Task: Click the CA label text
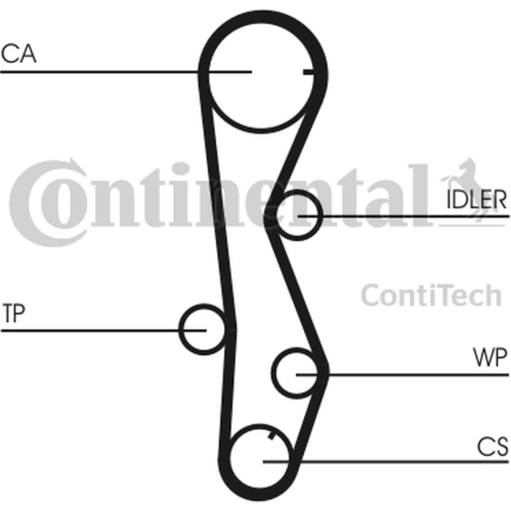click(x=18, y=53)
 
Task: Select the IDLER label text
click(x=477, y=199)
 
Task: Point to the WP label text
click(x=491, y=358)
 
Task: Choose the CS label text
click(x=493, y=446)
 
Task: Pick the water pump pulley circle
click(x=272, y=373)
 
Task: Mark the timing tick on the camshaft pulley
click(x=308, y=72)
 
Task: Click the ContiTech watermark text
click(x=431, y=295)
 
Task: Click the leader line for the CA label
click(x=126, y=72)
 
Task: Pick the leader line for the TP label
click(x=104, y=331)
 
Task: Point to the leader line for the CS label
click(x=386, y=461)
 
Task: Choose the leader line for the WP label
click(x=403, y=375)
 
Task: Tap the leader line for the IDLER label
click(x=404, y=216)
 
